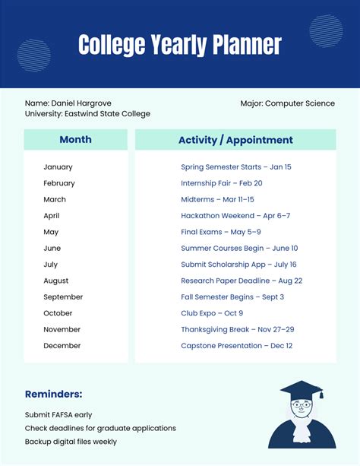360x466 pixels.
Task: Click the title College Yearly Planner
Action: click(x=180, y=45)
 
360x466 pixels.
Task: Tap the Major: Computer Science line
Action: click(x=287, y=103)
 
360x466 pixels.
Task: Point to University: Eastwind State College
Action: click(x=87, y=114)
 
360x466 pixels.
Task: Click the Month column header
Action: click(x=75, y=140)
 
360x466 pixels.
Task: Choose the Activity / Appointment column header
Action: click(x=235, y=140)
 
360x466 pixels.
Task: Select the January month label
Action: click(x=58, y=166)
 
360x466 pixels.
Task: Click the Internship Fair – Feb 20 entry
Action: click(x=222, y=183)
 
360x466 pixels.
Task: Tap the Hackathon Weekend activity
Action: click(x=235, y=216)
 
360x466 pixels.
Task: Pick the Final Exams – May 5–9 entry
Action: click(x=221, y=232)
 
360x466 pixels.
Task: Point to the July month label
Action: click(x=50, y=265)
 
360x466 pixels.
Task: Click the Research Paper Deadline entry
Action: click(x=242, y=281)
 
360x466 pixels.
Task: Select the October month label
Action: click(x=58, y=313)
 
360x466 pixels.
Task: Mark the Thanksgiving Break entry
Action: click(x=238, y=329)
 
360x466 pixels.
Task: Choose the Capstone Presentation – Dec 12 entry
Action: click(x=236, y=346)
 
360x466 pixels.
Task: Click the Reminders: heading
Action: click(x=53, y=394)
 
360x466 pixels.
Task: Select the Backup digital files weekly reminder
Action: click(x=71, y=442)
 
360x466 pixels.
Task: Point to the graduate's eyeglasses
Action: click(x=302, y=405)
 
